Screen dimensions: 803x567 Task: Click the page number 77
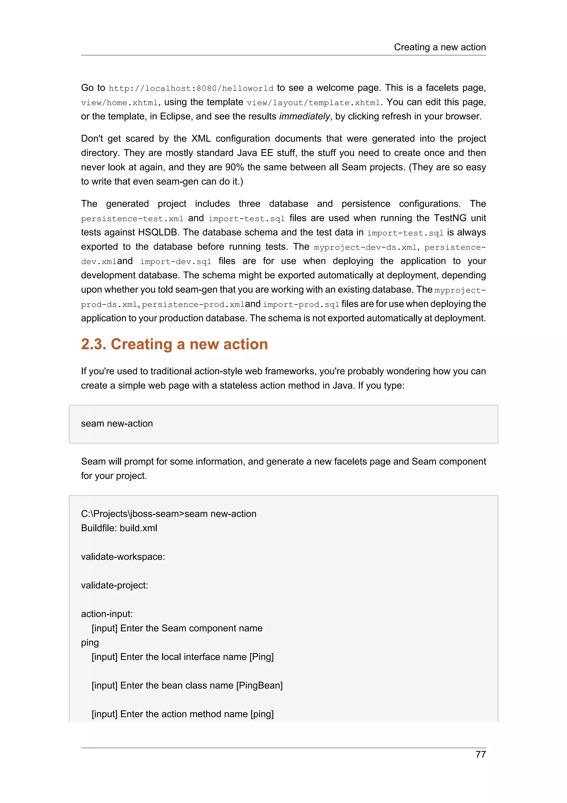coord(480,755)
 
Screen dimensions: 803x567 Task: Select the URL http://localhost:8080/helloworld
coord(191,88)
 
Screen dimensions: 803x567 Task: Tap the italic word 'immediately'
coord(304,116)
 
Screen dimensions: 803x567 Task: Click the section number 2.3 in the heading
coord(93,344)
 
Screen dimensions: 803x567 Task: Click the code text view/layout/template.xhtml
coord(313,103)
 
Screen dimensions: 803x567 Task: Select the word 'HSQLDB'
coord(159,232)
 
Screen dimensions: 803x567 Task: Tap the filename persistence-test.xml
coord(132,219)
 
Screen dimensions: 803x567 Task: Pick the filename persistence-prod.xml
coord(193,305)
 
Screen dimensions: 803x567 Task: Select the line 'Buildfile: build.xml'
coord(119,528)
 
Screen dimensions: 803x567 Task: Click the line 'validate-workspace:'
coord(123,557)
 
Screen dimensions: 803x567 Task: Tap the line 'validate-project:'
coord(114,585)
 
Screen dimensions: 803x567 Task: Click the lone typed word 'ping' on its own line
coord(90,643)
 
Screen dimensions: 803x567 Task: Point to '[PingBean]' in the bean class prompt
coord(259,686)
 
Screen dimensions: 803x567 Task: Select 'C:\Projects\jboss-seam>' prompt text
coord(132,514)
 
